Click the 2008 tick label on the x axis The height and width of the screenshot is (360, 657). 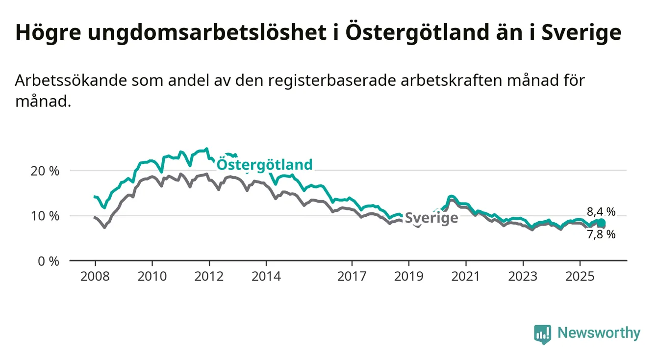[95, 277]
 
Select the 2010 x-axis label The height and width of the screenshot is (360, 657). [152, 277]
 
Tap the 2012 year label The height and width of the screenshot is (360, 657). [209, 277]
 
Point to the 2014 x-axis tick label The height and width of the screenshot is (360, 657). [266, 277]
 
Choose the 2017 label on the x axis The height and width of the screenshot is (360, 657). [352, 277]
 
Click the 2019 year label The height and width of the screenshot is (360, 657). [409, 277]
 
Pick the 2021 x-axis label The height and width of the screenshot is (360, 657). [466, 277]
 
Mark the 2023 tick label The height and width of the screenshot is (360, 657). [523, 277]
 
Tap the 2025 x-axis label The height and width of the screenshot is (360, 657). [580, 277]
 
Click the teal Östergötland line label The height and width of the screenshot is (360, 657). [264, 164]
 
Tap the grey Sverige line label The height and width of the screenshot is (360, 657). [431, 218]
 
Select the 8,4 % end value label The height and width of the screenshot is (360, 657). [601, 212]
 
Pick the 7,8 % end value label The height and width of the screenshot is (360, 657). [601, 234]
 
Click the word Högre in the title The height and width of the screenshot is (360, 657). [45, 33]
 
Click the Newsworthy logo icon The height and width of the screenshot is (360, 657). [542, 334]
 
